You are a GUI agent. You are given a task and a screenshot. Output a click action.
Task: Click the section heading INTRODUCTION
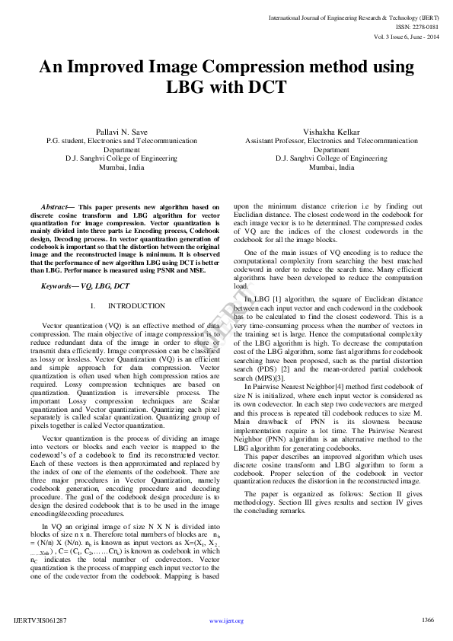[x=136, y=305]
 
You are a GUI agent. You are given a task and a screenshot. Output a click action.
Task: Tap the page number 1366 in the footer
[x=427, y=620]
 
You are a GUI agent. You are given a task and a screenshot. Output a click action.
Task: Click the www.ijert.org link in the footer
[x=226, y=621]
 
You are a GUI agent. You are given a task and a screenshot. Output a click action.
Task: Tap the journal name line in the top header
[x=353, y=16]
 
